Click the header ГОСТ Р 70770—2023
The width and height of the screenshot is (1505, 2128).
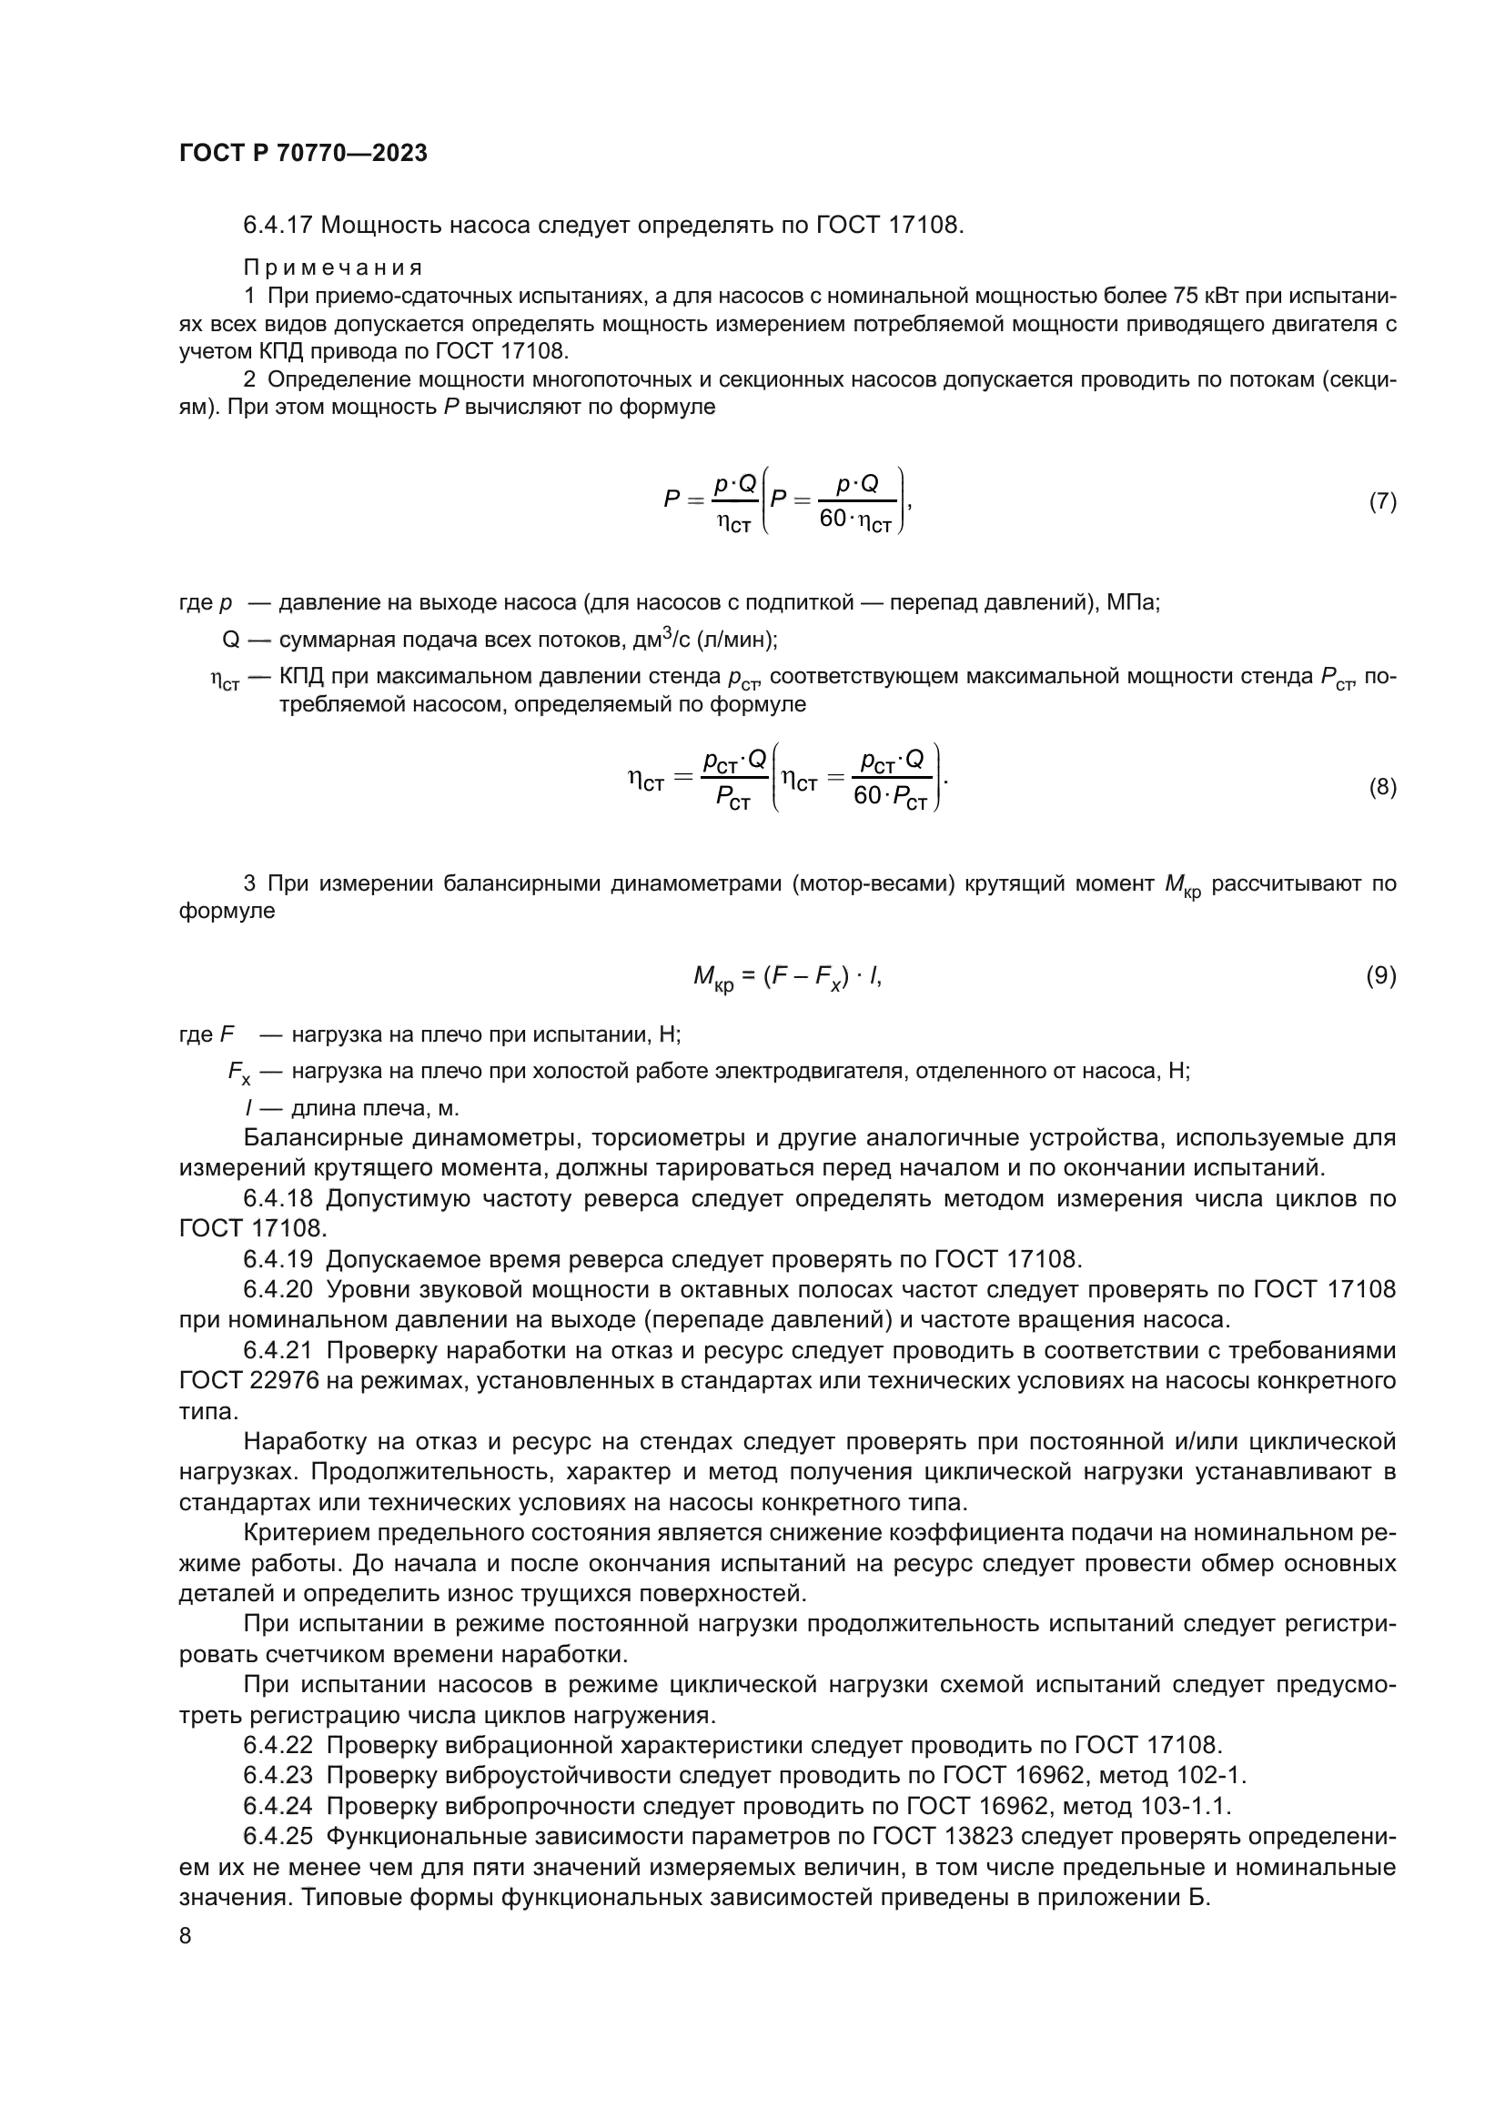303,154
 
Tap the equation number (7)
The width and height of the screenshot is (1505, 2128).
1383,501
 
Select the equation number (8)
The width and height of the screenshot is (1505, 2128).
1383,787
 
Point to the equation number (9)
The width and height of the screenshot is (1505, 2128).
1381,975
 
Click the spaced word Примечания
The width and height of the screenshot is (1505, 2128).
333,267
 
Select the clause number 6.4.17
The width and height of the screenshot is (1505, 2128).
278,226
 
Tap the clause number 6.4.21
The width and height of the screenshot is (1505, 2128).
278,1351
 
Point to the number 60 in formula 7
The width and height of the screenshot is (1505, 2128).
833,519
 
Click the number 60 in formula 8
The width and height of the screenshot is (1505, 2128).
867,796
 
